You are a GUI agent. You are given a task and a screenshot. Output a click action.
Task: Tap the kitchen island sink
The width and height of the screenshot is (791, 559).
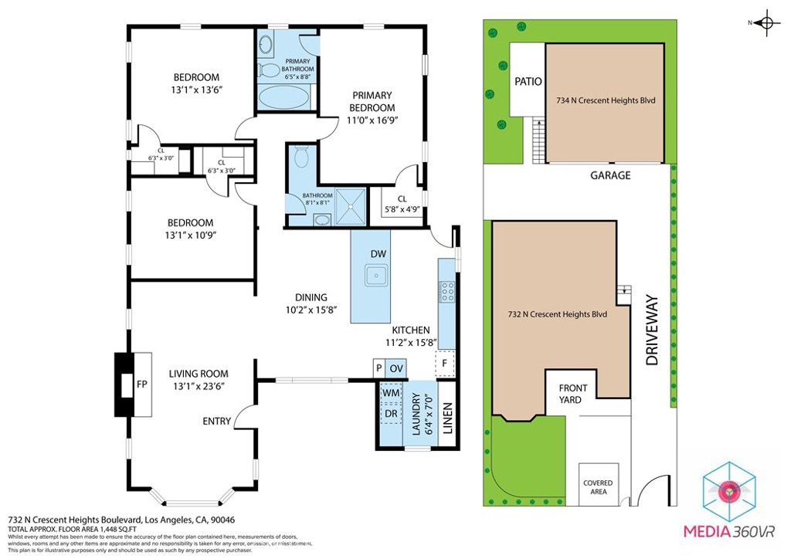[377, 276]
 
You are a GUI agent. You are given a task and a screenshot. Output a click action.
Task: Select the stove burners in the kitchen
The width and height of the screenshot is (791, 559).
[447, 292]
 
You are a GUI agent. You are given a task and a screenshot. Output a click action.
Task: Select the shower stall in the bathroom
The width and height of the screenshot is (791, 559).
[352, 206]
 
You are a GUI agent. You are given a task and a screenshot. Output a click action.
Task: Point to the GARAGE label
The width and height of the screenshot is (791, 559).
[610, 175]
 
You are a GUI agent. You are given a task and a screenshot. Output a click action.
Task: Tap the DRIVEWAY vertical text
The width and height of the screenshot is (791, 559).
[650, 330]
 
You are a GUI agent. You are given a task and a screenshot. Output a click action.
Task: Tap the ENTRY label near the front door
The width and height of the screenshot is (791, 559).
[217, 421]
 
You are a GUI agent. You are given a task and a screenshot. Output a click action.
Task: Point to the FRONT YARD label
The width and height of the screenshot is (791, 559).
[573, 394]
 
